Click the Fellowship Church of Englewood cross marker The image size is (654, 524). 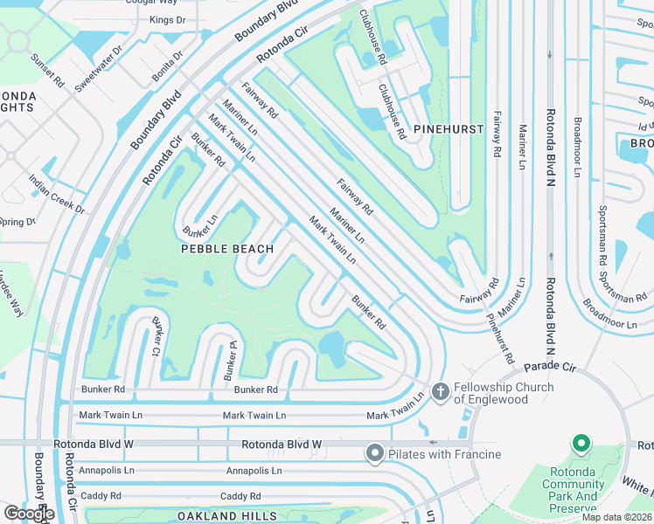click(x=440, y=393)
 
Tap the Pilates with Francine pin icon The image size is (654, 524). click(x=375, y=453)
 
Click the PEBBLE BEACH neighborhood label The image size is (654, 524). click(x=227, y=249)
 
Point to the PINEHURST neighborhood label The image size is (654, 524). click(x=449, y=128)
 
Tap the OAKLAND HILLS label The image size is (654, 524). click(x=227, y=516)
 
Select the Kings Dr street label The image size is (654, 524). click(x=168, y=19)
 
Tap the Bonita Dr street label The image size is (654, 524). click(x=166, y=66)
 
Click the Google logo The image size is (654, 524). click(x=29, y=514)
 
